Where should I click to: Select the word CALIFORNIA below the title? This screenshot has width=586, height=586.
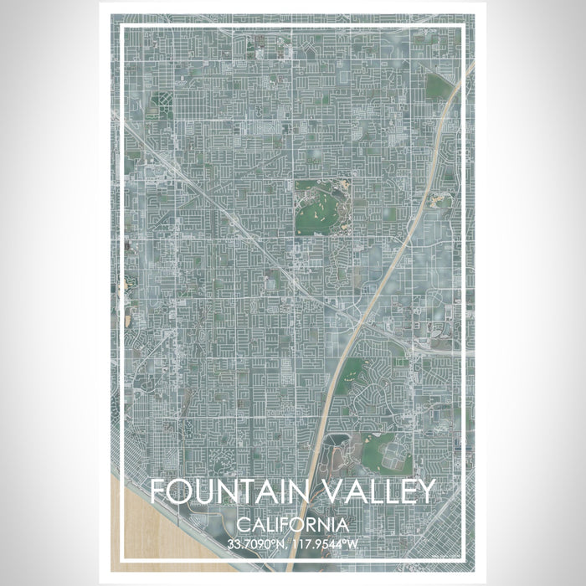[292, 525]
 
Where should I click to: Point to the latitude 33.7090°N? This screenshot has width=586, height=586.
[256, 544]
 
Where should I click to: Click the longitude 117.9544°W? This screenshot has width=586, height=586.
[327, 544]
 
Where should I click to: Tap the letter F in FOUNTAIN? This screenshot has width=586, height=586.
[158, 491]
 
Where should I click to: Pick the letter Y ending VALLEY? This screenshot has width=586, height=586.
[426, 491]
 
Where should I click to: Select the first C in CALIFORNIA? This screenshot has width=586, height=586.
[242, 525]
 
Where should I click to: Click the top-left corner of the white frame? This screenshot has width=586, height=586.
[122, 27]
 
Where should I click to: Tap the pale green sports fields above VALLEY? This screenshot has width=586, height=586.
[390, 453]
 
